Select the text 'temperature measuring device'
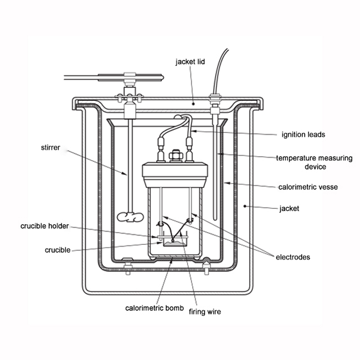(x=314, y=162)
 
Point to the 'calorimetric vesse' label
(x=308, y=187)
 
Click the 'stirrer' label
(x=51, y=148)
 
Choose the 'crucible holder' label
(x=46, y=226)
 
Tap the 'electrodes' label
(x=293, y=257)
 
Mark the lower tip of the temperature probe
(x=214, y=218)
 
